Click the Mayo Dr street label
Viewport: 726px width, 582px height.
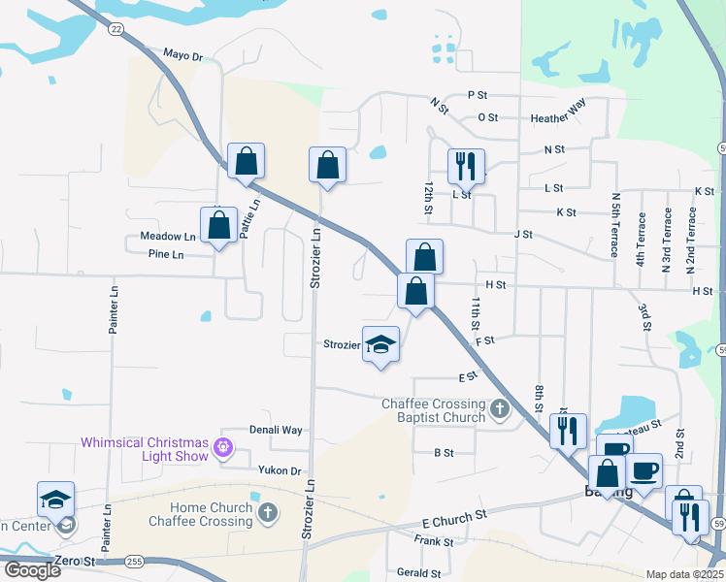pos(182,55)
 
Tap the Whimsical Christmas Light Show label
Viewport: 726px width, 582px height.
pos(144,448)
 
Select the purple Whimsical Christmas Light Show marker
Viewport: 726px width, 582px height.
pos(224,447)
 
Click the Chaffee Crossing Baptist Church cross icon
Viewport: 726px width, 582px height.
pos(500,409)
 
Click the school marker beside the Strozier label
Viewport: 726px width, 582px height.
pos(381,344)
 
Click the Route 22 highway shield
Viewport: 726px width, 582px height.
pos(116,30)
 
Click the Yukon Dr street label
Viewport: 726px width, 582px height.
pos(280,470)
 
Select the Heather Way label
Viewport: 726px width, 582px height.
pos(558,118)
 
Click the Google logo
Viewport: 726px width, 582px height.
pos(32,569)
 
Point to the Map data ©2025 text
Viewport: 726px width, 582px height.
pos(683,574)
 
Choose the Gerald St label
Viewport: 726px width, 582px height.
pos(419,573)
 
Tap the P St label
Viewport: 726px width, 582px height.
pos(477,95)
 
